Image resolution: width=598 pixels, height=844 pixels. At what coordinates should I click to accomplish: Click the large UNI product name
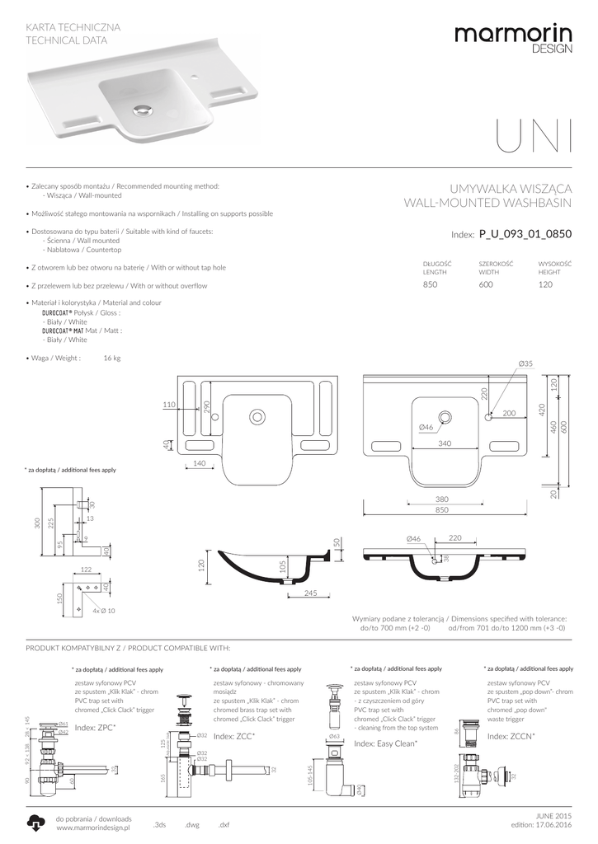coord(534,139)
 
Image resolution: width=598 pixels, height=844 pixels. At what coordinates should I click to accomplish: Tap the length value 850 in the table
coord(430,284)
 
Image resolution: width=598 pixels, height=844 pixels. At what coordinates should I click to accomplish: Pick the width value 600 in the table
coord(486,284)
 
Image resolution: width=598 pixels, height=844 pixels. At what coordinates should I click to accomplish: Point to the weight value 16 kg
coord(112,358)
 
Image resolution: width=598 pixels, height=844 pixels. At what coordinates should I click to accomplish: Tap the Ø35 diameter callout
coord(526,363)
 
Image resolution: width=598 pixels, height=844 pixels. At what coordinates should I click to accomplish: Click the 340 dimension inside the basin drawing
coord(445,443)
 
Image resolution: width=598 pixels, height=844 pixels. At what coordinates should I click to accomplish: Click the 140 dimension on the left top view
coord(199,464)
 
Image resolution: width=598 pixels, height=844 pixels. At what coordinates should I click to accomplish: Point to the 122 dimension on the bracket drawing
coord(86,570)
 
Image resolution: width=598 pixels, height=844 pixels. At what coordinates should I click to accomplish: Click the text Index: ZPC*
coord(96,729)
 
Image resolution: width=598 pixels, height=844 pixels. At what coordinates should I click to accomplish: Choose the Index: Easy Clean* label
coord(385,743)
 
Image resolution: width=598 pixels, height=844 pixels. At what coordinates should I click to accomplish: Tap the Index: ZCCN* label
coord(511,735)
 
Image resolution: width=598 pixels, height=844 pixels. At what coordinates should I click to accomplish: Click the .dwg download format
coord(191,824)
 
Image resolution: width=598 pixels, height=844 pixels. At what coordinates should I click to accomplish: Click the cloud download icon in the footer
coord(36,822)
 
